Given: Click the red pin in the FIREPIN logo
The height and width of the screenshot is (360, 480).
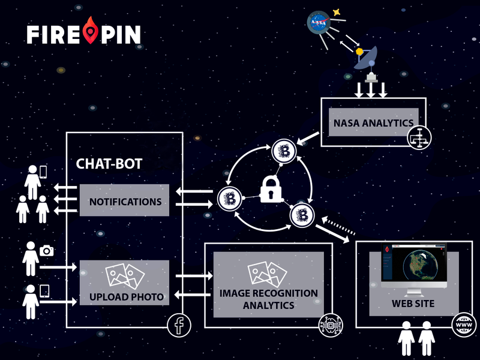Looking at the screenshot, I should pos(91,31).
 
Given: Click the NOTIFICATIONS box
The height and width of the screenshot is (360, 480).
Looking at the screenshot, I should pos(125,201).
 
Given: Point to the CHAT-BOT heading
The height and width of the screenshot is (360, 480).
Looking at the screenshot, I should pos(109,164).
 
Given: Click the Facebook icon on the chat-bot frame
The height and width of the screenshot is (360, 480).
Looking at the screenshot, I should pos(178,325).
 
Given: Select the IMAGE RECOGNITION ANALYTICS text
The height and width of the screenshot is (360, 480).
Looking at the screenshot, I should pos(268,299).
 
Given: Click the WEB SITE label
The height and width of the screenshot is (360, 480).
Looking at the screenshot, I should pos(413,304).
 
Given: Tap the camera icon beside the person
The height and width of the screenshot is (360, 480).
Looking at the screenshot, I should pos(46,250).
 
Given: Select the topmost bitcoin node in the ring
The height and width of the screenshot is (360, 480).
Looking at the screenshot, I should pos(282,151).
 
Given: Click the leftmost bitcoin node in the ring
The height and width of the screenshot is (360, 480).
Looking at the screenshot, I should pos(228,198).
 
